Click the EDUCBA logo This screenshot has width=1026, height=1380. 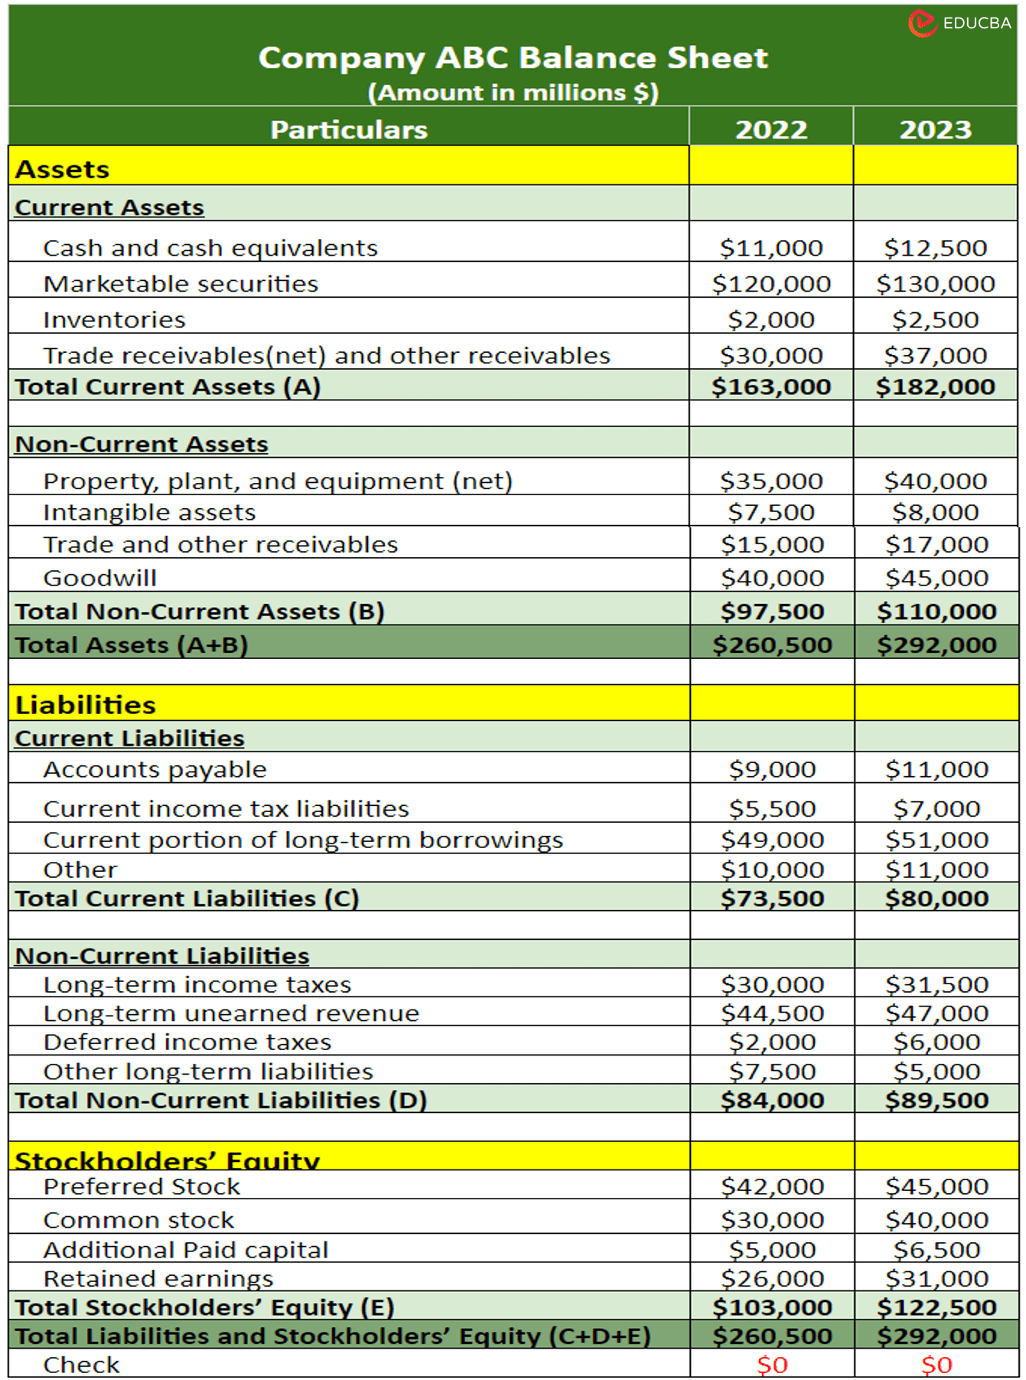tap(959, 23)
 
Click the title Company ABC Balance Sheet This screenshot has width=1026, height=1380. tap(513, 58)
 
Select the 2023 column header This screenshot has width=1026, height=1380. tap(935, 129)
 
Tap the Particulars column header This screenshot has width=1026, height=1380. tap(348, 129)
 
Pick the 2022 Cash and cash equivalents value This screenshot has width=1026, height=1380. tap(771, 248)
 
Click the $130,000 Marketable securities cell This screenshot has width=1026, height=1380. tap(935, 284)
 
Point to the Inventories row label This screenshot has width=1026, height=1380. tap(114, 320)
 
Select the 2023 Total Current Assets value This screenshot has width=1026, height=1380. tap(935, 387)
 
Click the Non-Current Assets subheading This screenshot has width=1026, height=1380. tap(142, 444)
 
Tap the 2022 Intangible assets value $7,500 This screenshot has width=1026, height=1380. tap(771, 512)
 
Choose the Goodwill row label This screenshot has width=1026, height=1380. tap(99, 578)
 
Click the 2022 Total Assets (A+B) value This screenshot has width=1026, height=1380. tap(772, 645)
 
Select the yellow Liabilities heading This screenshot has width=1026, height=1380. tap(86, 705)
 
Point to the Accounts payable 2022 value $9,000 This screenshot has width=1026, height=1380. tap(772, 769)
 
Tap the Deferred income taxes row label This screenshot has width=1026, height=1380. tap(187, 1042)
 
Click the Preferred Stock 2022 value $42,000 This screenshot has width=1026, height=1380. tap(772, 1186)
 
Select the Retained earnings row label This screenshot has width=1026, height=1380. tap(158, 1279)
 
